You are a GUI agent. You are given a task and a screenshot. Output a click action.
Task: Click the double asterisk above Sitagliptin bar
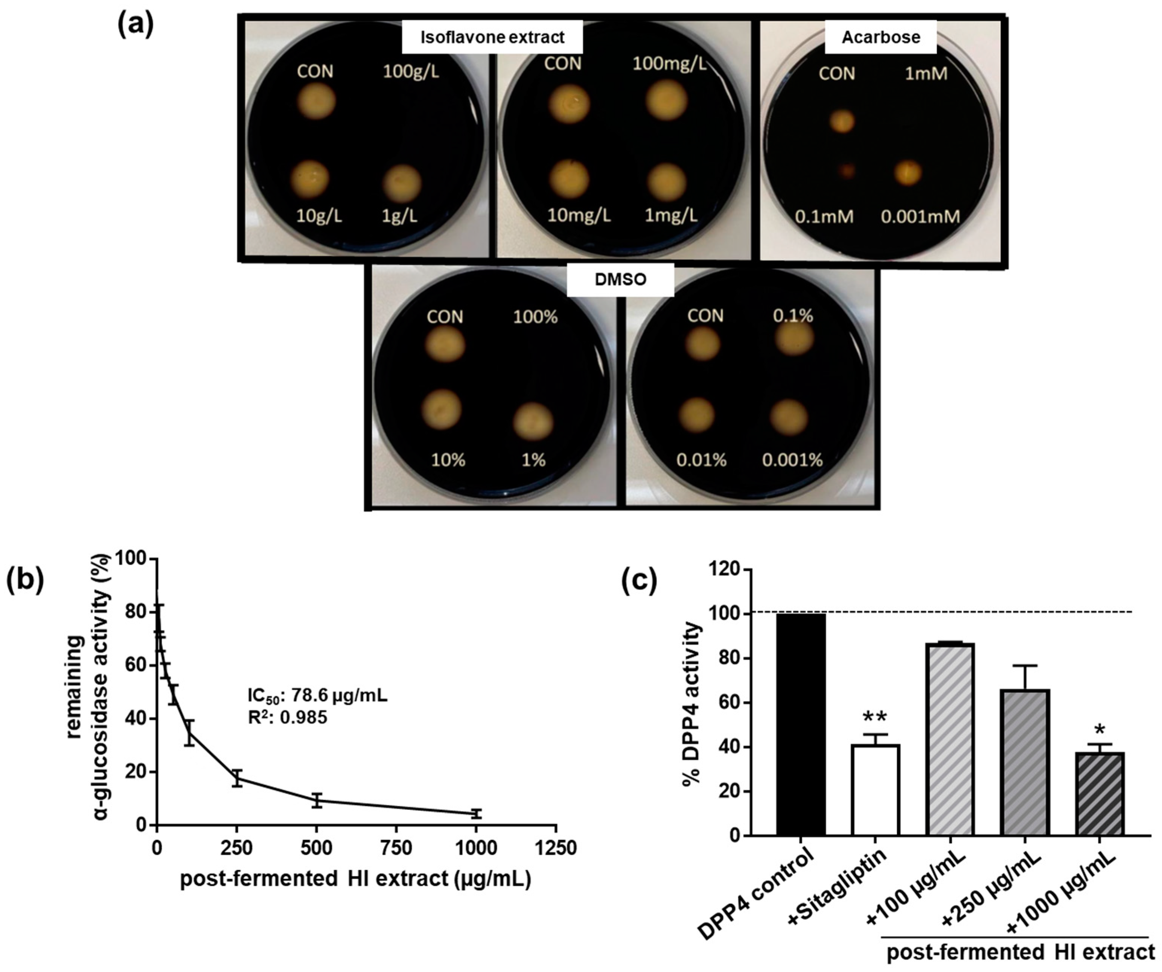[875, 718]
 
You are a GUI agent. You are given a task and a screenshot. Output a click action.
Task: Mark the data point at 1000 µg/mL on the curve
[476, 813]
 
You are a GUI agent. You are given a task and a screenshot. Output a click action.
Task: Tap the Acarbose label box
[880, 37]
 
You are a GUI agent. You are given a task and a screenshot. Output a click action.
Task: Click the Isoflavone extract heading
[492, 37]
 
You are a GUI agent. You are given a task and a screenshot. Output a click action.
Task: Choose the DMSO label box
[620, 279]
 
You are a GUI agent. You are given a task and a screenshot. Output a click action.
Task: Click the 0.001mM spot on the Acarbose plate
[908, 173]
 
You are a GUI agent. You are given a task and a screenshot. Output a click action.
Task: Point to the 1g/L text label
[399, 216]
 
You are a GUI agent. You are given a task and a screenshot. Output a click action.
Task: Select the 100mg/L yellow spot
[667, 100]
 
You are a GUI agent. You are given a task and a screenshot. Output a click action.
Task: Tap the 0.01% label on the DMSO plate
[701, 460]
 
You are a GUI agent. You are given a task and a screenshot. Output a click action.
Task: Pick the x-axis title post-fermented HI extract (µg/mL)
[355, 879]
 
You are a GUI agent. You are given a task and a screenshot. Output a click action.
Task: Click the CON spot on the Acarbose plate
[842, 121]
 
